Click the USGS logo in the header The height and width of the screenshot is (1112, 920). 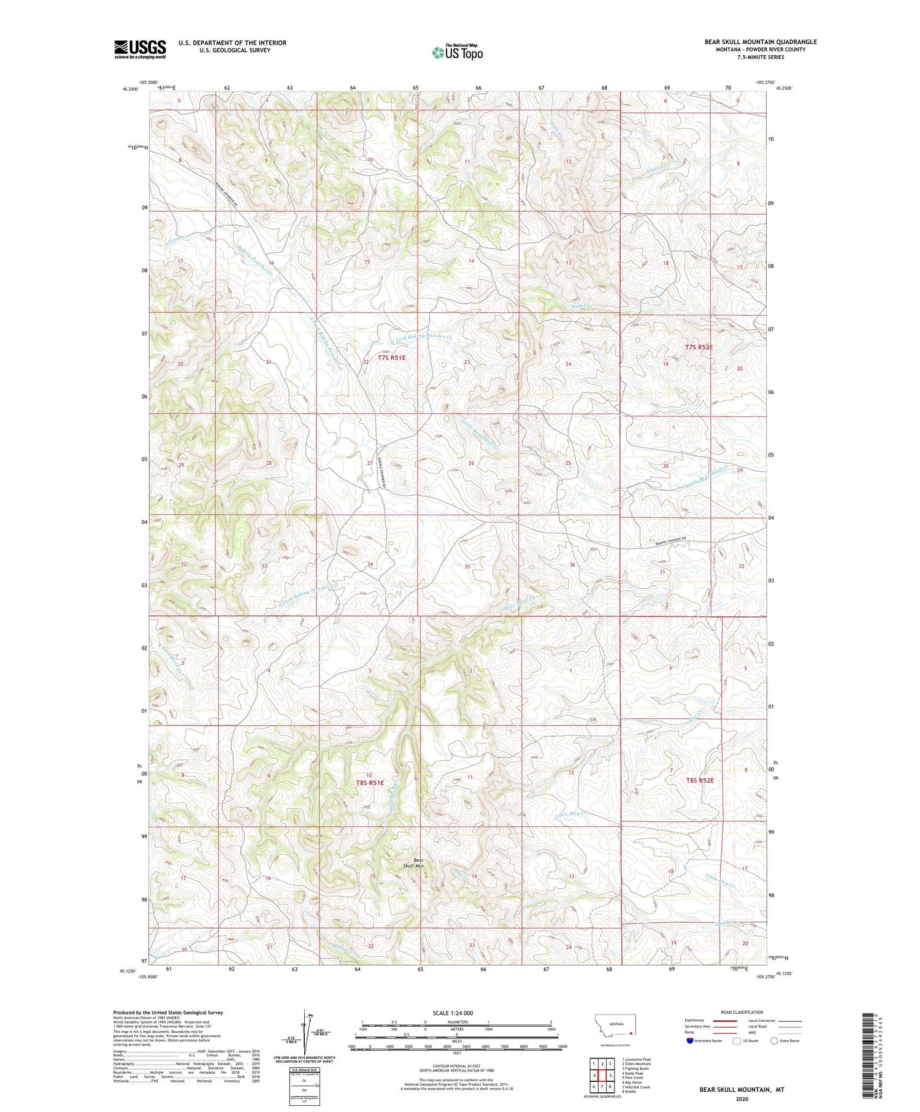(x=140, y=49)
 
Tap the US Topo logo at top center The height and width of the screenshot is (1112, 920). (x=458, y=52)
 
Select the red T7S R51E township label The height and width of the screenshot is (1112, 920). (x=391, y=357)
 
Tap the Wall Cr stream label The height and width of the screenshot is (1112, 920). (x=580, y=306)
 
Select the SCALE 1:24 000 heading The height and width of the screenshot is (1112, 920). (x=457, y=1013)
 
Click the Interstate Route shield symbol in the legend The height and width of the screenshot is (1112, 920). (x=691, y=1041)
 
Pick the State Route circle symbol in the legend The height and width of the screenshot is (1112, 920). (x=774, y=1041)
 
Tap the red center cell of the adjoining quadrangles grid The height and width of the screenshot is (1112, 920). (x=602, y=1075)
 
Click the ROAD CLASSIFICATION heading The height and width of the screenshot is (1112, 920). (x=742, y=1012)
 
